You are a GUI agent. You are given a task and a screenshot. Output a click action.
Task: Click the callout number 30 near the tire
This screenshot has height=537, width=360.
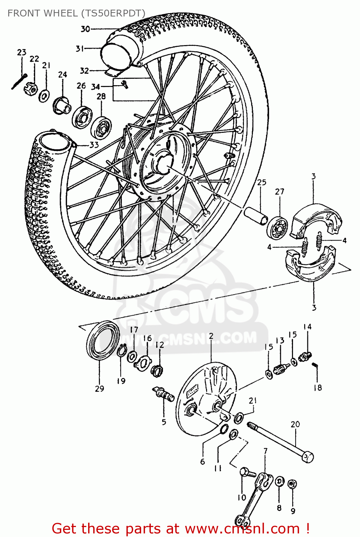85,29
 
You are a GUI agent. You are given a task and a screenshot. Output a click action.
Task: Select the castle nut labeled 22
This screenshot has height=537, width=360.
31,88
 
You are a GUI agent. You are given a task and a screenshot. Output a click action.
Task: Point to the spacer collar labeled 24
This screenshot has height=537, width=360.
62,105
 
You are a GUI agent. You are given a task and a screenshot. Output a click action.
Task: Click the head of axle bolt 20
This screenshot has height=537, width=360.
308,458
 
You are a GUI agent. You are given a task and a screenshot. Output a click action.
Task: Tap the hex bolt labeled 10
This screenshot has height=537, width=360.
247,472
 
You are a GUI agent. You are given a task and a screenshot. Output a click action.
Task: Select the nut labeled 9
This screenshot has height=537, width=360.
292,484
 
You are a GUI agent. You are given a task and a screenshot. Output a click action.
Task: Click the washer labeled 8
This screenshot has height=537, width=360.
279,482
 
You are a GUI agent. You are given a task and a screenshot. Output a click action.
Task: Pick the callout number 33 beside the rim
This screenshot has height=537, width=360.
94,145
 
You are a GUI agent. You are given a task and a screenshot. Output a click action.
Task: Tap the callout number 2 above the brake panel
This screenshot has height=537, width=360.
211,336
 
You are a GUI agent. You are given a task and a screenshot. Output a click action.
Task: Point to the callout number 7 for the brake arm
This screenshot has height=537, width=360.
265,451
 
